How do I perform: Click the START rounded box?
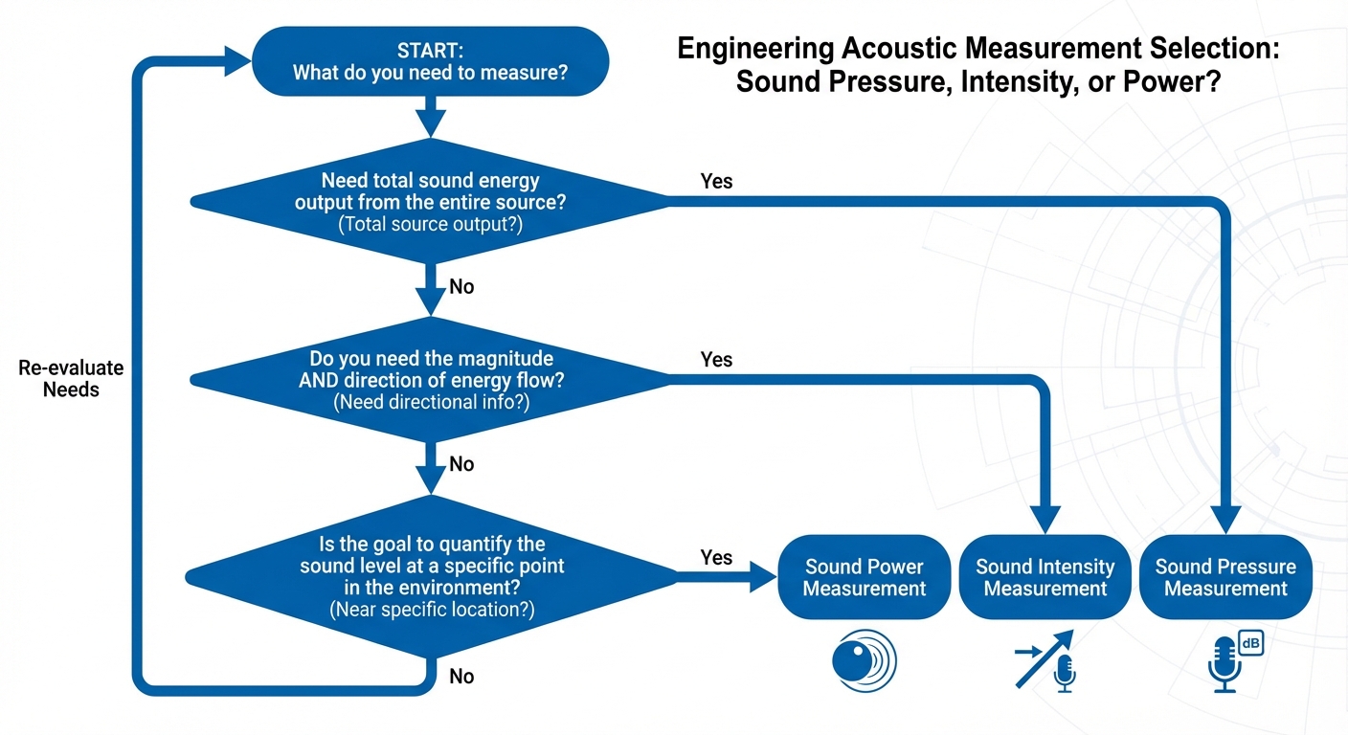pos(430,60)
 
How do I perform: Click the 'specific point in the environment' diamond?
pos(430,575)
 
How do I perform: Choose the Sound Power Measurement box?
pos(864,577)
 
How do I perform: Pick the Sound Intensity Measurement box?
pos(1045,577)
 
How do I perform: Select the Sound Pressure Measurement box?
pos(1225,577)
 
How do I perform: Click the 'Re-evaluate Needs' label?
pos(71,379)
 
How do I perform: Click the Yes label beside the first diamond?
pos(716,181)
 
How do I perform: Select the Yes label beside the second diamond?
pos(716,359)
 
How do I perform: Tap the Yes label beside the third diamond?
pos(716,557)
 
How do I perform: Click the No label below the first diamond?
pos(461,286)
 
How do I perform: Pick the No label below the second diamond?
pos(461,464)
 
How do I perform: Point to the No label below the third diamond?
pos(461,677)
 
